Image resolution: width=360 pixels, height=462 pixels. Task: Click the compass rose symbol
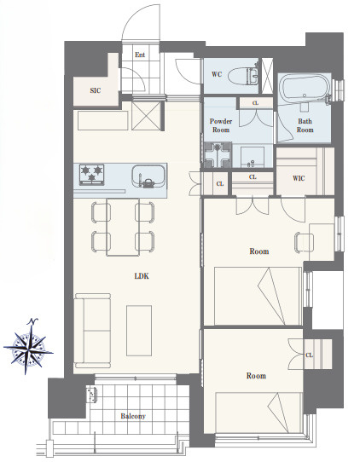pyautogui.click(x=28, y=348)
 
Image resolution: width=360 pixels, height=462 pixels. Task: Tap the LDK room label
pyautogui.click(x=142, y=276)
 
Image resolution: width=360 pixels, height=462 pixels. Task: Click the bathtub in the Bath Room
pyautogui.click(x=305, y=89)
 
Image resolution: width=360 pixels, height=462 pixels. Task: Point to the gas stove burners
pyautogui.click(x=91, y=175)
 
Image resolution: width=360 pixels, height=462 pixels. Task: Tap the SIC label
pyautogui.click(x=96, y=90)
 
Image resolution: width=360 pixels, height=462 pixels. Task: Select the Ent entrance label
pyautogui.click(x=140, y=55)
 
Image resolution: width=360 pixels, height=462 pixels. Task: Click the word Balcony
pyautogui.click(x=133, y=416)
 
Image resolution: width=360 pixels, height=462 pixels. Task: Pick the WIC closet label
pyautogui.click(x=299, y=178)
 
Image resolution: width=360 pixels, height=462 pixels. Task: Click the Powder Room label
pyautogui.click(x=221, y=125)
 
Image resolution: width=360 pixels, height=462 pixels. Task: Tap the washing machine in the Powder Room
pyautogui.click(x=218, y=155)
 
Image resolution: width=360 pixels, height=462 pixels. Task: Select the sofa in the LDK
pyautogui.click(x=93, y=331)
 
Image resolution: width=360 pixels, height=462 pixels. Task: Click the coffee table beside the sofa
pyautogui.click(x=139, y=331)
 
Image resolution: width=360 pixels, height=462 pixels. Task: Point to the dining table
pyautogui.click(x=123, y=227)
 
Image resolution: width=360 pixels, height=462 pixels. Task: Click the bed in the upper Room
pyautogui.click(x=258, y=296)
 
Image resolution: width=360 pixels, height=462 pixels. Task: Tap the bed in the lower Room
pyautogui.click(x=259, y=413)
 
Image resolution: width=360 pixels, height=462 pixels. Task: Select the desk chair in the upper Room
pyautogui.click(x=305, y=242)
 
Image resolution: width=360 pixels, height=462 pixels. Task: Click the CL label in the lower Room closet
pyautogui.click(x=309, y=355)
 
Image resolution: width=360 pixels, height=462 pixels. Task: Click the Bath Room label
pyautogui.click(x=305, y=125)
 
